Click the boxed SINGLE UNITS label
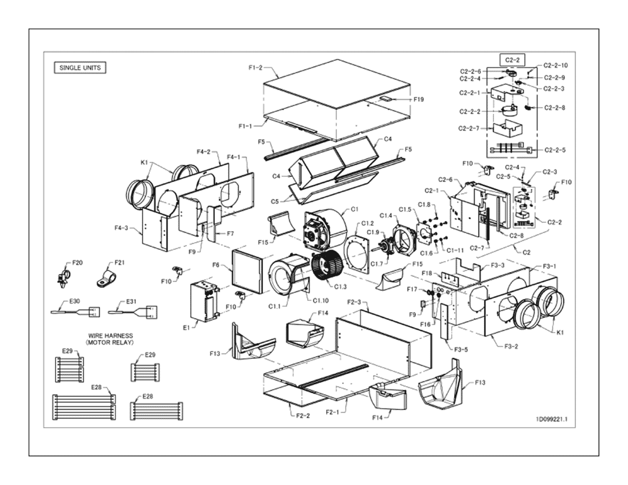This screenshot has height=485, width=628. (x=80, y=68)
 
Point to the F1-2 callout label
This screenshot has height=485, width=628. (x=255, y=68)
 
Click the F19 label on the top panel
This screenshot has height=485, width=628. (x=418, y=100)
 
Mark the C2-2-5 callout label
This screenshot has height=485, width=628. (x=555, y=150)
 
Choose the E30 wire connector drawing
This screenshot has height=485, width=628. (x=76, y=312)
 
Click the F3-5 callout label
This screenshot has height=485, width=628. (x=461, y=349)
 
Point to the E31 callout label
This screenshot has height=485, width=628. (x=132, y=301)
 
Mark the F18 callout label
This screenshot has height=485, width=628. (x=427, y=273)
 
